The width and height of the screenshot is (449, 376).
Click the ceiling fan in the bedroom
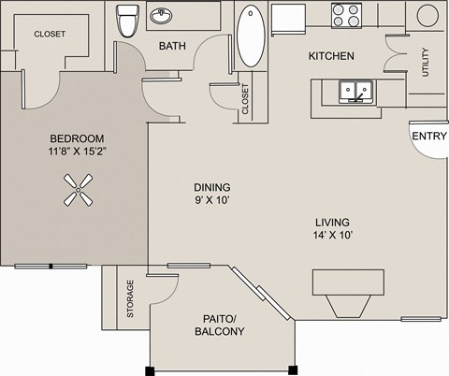pyautogui.click(x=78, y=191)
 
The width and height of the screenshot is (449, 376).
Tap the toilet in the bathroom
pyautogui.click(x=127, y=19)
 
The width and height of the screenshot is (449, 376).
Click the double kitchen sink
pyautogui.click(x=356, y=91)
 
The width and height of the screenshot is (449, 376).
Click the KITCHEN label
pyautogui.click(x=331, y=56)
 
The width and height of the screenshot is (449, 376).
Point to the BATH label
pyautogui.click(x=172, y=45)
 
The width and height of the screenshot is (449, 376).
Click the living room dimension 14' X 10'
pyautogui.click(x=332, y=235)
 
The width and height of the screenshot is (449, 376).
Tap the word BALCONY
pyautogui.click(x=221, y=332)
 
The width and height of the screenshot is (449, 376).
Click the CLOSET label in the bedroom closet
pyautogui.click(x=50, y=34)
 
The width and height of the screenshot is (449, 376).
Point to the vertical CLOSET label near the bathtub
pyautogui.click(x=245, y=99)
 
